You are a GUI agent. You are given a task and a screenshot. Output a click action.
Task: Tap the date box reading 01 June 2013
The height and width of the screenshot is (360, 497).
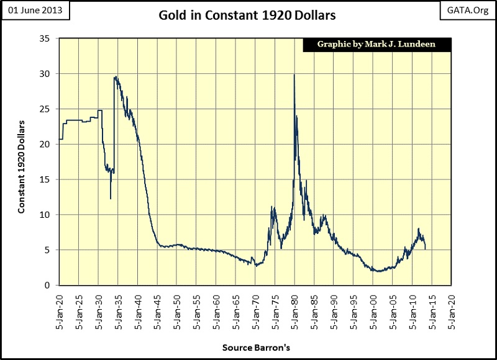pyautogui.click(x=35, y=11)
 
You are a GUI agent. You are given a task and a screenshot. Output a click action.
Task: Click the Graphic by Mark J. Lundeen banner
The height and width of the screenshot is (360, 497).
pyautogui.click(x=376, y=45)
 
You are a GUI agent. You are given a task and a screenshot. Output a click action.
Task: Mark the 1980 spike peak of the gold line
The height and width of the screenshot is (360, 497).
pyautogui.click(x=294, y=75)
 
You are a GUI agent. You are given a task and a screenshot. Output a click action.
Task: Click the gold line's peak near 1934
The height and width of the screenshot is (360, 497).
pyautogui.click(x=116, y=77)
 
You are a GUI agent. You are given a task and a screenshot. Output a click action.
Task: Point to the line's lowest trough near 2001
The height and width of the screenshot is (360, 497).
pyautogui.click(x=377, y=271)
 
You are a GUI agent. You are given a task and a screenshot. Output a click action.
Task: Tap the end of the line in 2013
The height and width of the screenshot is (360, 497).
pyautogui.click(x=426, y=249)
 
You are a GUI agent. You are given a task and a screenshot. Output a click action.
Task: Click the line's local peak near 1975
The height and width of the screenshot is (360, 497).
pyautogui.click(x=273, y=207)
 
